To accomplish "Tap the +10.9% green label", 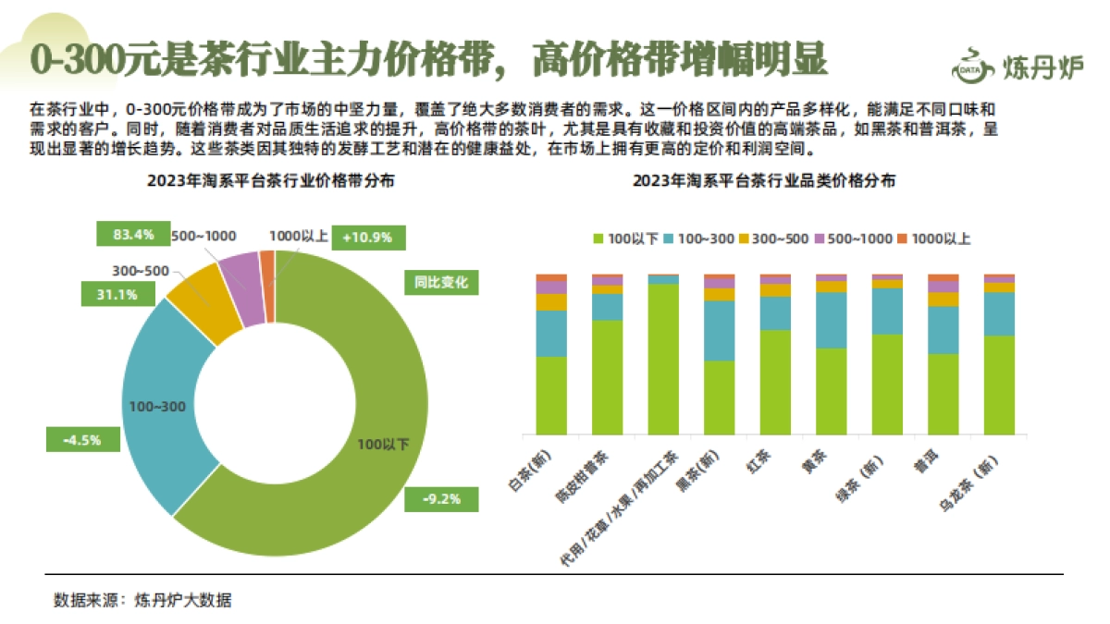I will pos(367,238).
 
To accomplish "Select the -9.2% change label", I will pos(441,500).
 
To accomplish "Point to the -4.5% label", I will pos(82,439).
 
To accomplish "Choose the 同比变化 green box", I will pos(441,283).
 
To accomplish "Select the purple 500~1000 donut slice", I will pos(240,290).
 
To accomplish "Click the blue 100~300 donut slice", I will pos(157,407).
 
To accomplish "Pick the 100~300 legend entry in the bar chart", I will pos(700,239).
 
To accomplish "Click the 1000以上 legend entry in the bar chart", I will pos(933,239).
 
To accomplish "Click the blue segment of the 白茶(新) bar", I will pos(551,333).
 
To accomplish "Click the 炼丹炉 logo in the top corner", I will pos(1017,65).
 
